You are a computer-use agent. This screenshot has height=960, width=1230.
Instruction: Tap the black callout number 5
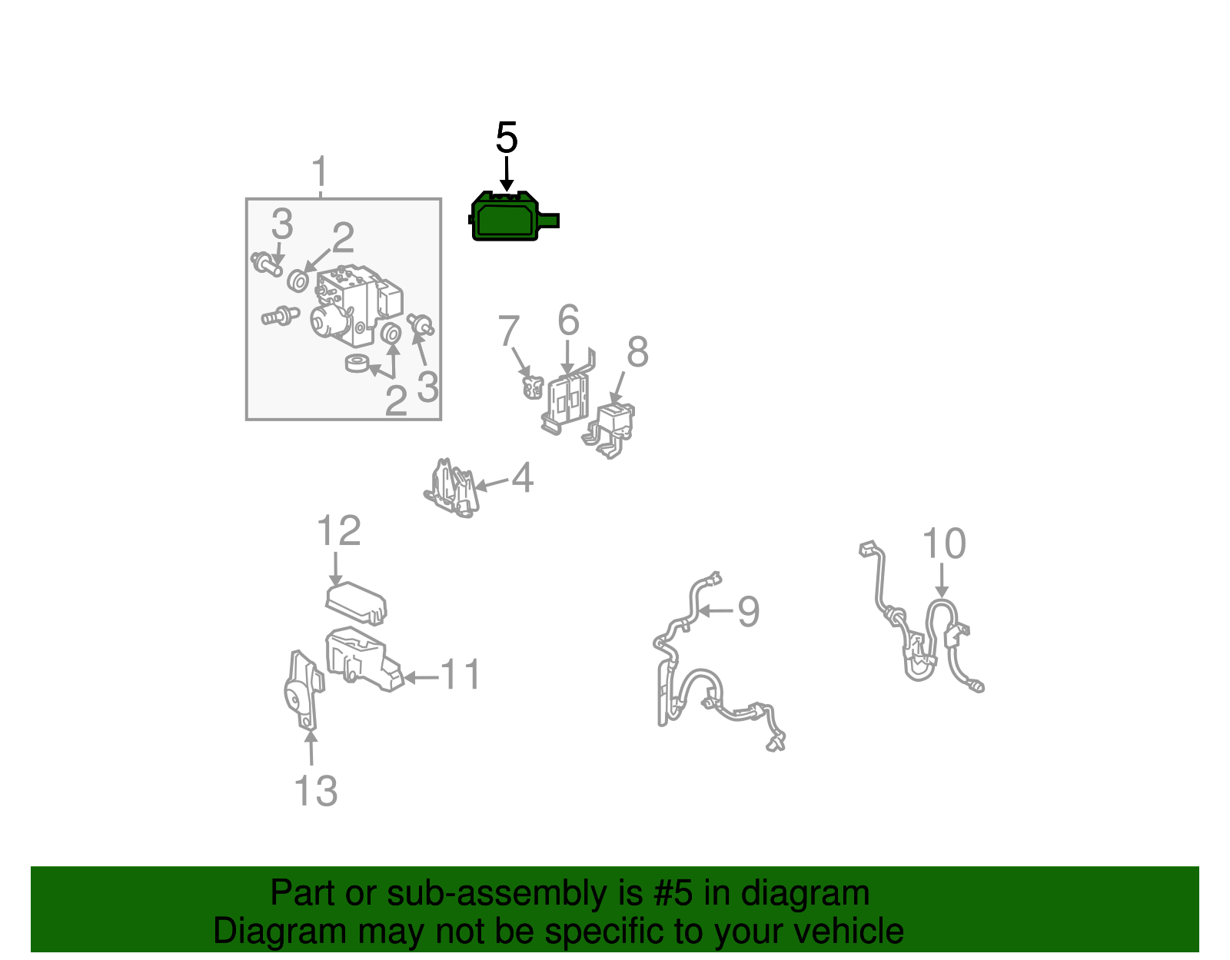[x=507, y=138]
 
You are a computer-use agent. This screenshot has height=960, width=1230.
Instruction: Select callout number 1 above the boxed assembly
[x=321, y=171]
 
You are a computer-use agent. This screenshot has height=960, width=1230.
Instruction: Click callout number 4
[x=523, y=477]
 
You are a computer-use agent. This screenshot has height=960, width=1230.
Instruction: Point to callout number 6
[x=568, y=321]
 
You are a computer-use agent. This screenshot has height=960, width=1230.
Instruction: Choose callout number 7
[x=508, y=331]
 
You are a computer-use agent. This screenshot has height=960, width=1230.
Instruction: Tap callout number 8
[x=637, y=351]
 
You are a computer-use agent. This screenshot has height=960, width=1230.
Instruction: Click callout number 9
[x=748, y=611]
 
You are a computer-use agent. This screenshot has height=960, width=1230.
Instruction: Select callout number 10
[x=943, y=543]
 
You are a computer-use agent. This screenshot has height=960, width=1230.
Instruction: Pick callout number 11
[x=460, y=674]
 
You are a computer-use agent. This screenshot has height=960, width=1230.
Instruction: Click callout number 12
[x=338, y=530]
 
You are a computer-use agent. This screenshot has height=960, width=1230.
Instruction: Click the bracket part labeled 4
[x=452, y=488]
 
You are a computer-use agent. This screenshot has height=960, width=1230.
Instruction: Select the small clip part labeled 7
[x=533, y=387]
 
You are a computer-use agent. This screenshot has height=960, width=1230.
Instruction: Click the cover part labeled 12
[x=356, y=603]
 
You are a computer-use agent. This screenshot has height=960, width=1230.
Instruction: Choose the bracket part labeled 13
[x=304, y=689]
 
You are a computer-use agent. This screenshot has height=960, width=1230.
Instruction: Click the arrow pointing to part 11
[x=421, y=677]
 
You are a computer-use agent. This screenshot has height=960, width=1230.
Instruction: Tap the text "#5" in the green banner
[x=673, y=892]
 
